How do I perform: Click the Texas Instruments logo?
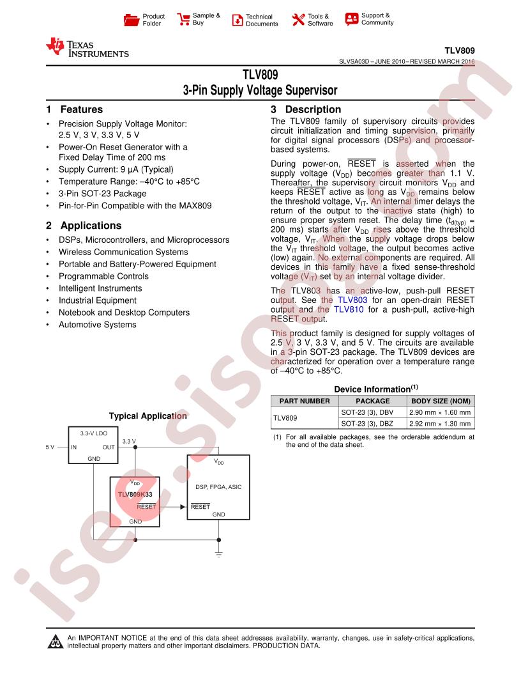click(x=87, y=48)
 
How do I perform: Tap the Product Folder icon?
click(x=132, y=20)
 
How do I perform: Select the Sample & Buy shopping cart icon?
click(x=183, y=19)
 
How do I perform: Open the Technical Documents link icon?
click(x=237, y=20)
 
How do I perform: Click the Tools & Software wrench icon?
click(x=298, y=20)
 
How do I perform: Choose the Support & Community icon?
click(x=351, y=19)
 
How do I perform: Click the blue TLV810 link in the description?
click(x=347, y=309)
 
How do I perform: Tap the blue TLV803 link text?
click(x=353, y=299)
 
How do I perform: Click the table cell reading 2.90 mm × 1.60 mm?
click(x=441, y=412)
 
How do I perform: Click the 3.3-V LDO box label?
click(x=93, y=433)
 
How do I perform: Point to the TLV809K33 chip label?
click(x=135, y=495)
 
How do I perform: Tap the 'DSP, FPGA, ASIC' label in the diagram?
click(x=218, y=487)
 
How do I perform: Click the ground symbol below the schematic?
click(x=219, y=552)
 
